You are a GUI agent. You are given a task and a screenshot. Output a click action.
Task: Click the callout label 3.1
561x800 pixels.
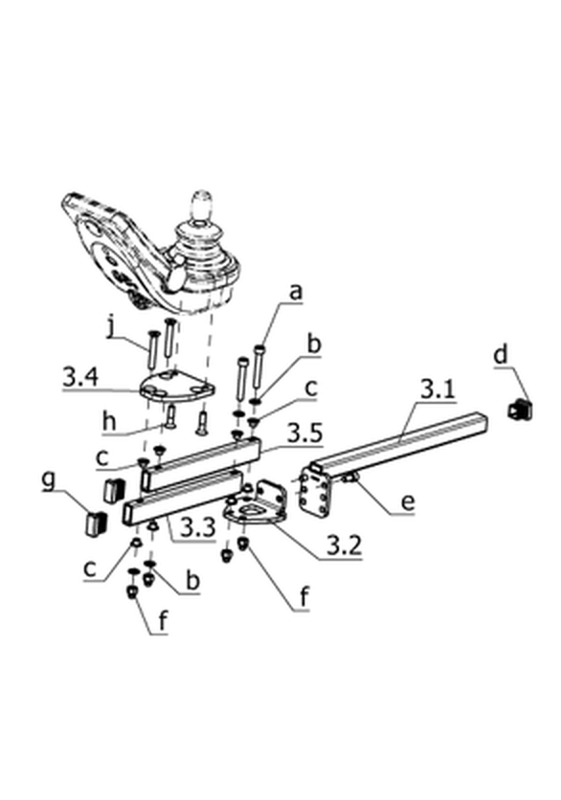[x=438, y=390]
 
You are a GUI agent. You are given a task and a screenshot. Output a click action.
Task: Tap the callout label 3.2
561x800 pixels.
[x=344, y=545]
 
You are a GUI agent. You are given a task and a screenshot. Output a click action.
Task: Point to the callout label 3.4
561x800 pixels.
[x=80, y=378]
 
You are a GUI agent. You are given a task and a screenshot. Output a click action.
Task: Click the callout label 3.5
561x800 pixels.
[x=304, y=433]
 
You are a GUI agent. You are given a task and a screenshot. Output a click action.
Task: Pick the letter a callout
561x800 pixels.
[x=296, y=292]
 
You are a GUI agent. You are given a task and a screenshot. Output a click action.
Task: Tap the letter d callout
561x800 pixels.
[x=501, y=353]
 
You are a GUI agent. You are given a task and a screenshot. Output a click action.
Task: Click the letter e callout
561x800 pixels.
[x=408, y=502]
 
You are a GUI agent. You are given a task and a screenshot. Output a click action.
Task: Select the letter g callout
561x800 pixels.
[x=49, y=480]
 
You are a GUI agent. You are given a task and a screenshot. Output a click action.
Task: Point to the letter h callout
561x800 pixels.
[x=109, y=421]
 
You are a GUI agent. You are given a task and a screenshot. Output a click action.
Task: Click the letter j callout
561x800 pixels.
[x=111, y=326]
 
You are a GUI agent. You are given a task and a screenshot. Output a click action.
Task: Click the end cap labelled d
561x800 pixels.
[x=520, y=410]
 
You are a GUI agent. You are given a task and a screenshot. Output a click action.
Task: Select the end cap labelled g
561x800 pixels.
[x=96, y=523]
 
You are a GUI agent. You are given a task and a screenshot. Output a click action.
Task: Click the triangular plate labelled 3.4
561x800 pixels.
[x=176, y=387]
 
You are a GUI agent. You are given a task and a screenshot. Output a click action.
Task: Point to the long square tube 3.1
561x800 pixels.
[x=402, y=442]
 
